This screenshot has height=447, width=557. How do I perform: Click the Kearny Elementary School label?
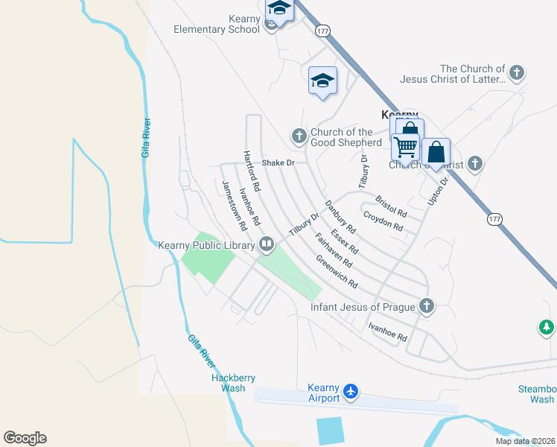216,25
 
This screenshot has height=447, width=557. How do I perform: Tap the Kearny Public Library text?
206,244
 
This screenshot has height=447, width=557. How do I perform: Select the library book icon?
266,244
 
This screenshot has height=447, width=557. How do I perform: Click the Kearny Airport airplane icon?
351,391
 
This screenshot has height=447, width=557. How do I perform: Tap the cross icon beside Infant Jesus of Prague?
427,305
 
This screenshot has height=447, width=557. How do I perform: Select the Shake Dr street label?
278,162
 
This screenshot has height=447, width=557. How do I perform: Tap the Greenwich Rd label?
337,273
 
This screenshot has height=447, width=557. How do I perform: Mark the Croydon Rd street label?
383,221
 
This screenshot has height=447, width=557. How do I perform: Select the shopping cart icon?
406,146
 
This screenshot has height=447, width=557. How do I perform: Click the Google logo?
25,438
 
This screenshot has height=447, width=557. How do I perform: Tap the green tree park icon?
547,327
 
